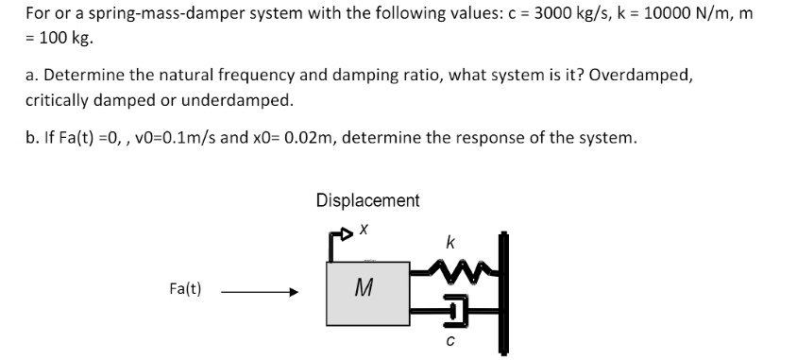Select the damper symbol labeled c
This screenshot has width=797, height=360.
pyautogui.click(x=455, y=309)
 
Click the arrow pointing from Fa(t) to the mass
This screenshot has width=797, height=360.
pyautogui.click(x=261, y=293)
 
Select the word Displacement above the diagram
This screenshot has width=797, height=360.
pyautogui.click(x=367, y=200)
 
